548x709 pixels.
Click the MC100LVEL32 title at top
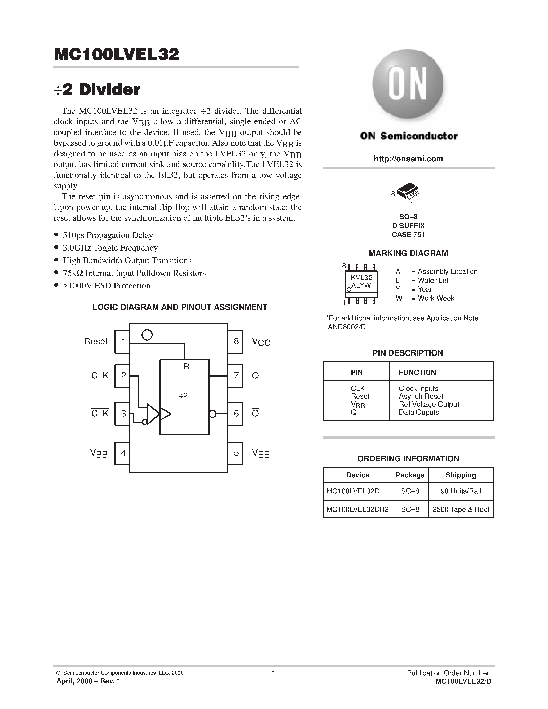117,55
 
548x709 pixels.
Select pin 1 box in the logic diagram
123,342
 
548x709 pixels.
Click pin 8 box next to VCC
236,342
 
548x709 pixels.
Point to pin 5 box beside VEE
236,453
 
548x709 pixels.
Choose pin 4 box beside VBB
123,453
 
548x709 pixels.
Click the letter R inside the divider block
186,367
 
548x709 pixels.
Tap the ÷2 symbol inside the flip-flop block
183,396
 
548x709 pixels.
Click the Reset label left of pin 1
95,342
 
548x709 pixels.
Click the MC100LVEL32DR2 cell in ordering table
357,509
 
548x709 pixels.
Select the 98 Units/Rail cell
461,491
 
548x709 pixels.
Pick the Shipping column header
461,475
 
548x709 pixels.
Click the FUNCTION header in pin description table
417,372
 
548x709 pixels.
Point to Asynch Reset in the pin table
421,396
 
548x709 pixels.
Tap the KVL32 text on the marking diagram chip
362,278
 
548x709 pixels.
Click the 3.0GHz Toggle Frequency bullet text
110,248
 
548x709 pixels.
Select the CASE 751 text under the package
408,235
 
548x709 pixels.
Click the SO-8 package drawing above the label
408,191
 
